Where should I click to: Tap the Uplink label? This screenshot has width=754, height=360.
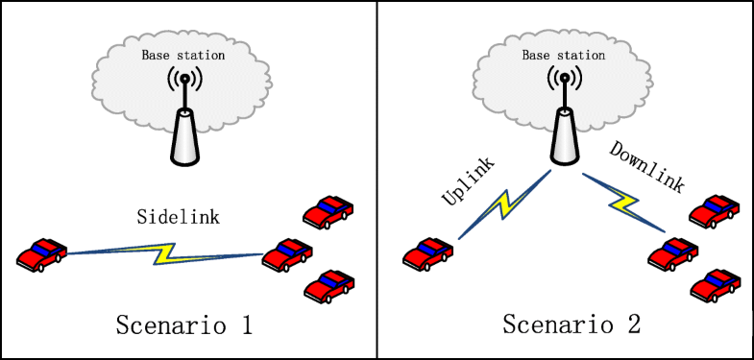467,180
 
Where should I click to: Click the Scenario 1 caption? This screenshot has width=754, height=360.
182,324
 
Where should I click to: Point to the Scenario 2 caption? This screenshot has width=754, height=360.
572,324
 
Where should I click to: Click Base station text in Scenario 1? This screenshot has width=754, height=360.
183,55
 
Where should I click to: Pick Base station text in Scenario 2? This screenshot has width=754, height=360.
564,55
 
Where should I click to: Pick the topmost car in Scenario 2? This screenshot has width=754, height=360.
714,211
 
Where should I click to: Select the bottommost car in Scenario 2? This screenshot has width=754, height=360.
714,284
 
